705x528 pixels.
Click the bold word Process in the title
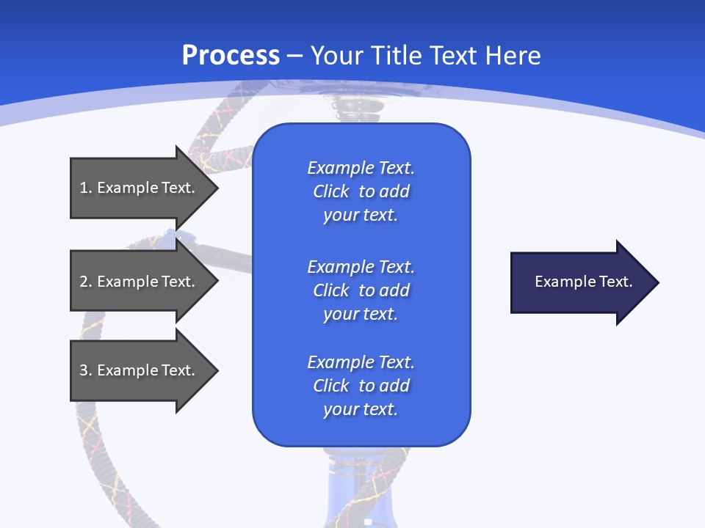(x=231, y=56)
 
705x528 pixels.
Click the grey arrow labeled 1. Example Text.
(x=140, y=188)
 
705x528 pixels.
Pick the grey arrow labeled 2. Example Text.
(x=140, y=282)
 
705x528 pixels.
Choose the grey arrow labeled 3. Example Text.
(x=140, y=370)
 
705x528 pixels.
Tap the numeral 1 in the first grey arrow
(x=84, y=188)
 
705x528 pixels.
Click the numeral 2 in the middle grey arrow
(x=84, y=282)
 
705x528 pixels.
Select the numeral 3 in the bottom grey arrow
(x=84, y=370)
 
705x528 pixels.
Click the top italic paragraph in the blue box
(x=361, y=191)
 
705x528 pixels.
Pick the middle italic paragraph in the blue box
(x=361, y=290)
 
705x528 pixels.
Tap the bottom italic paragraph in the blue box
(x=361, y=386)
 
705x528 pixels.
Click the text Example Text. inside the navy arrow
(x=584, y=282)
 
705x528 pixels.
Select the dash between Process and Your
(x=295, y=56)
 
